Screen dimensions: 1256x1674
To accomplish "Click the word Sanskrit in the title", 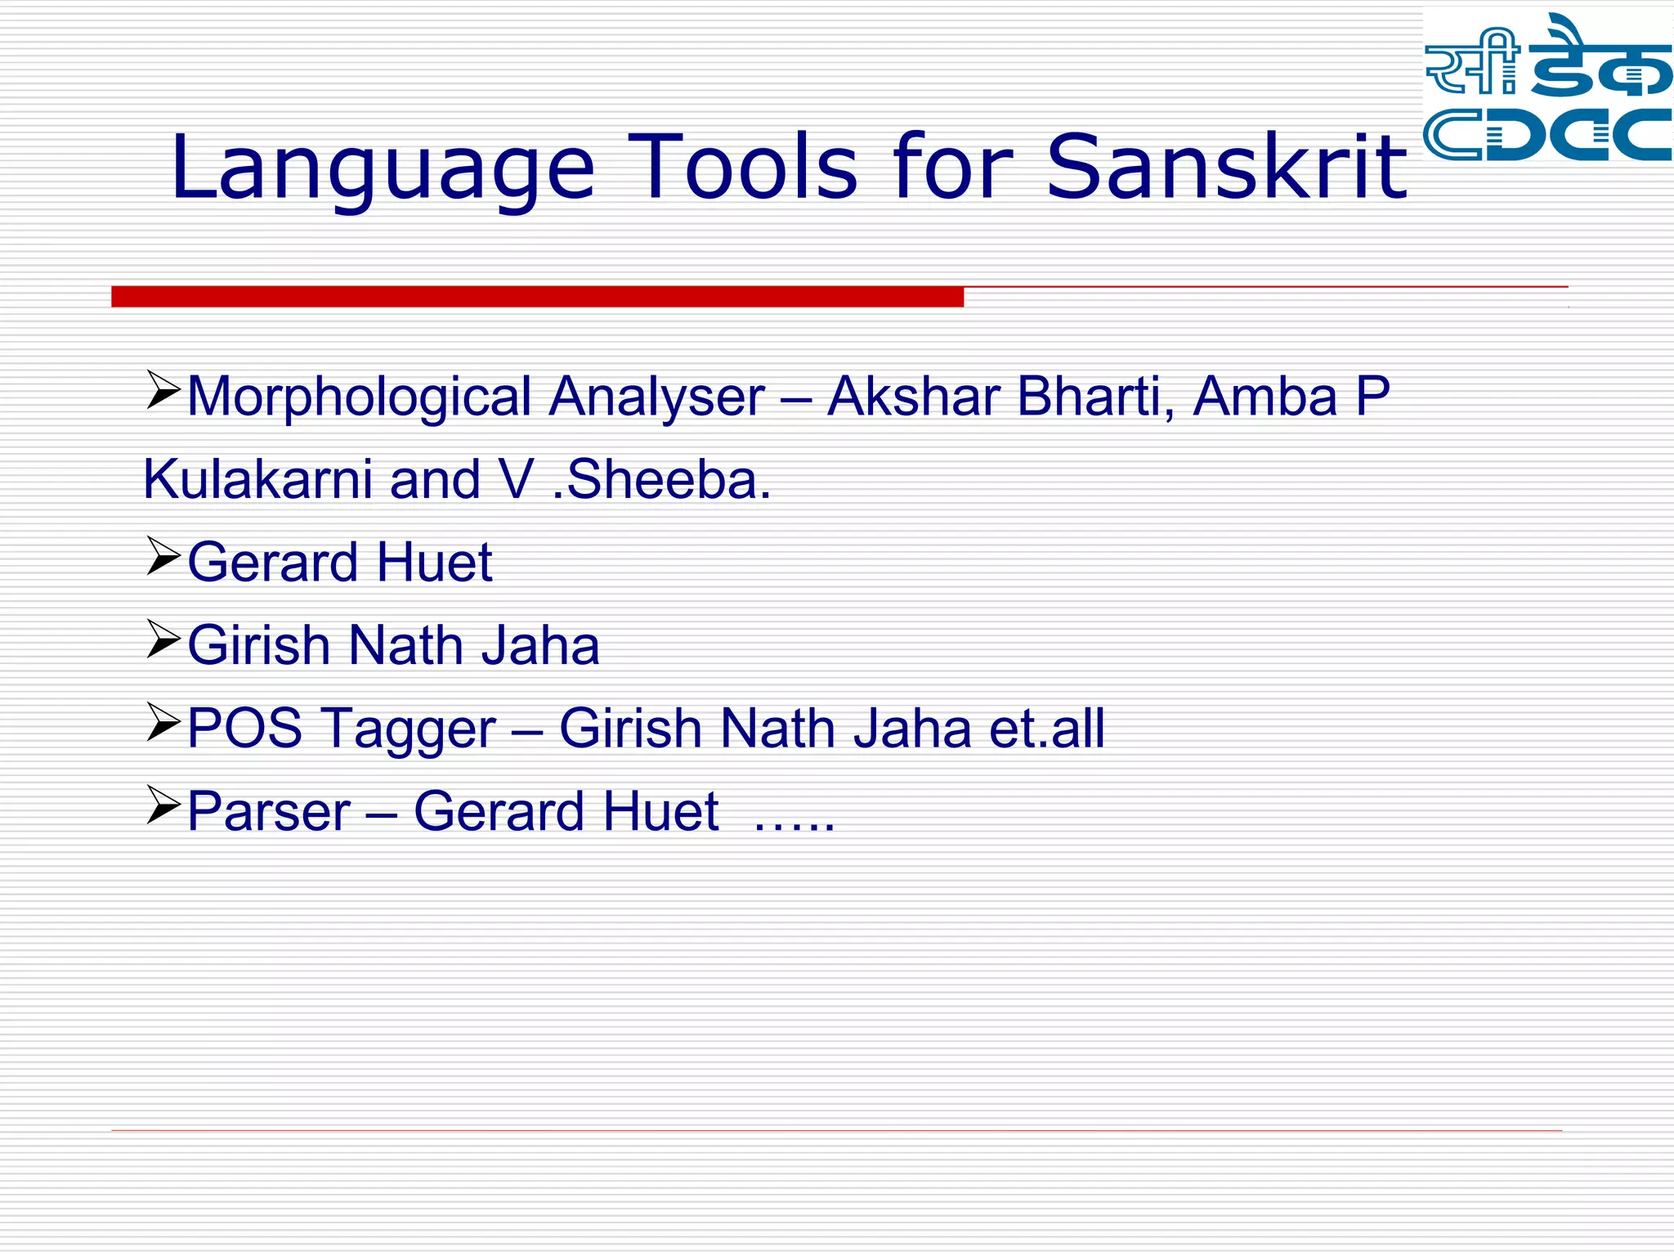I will (1226, 168).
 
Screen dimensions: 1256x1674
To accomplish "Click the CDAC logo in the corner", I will (1547, 88).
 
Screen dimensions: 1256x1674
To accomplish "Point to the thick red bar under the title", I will (537, 296).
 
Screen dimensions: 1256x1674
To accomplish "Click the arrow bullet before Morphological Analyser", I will (163, 390).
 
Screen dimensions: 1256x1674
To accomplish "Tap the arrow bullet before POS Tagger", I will (163, 721).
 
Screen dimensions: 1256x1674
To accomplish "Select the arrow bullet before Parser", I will (163, 805).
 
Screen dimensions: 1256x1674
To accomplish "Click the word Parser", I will (269, 812).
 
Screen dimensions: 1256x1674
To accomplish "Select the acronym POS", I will (244, 729).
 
